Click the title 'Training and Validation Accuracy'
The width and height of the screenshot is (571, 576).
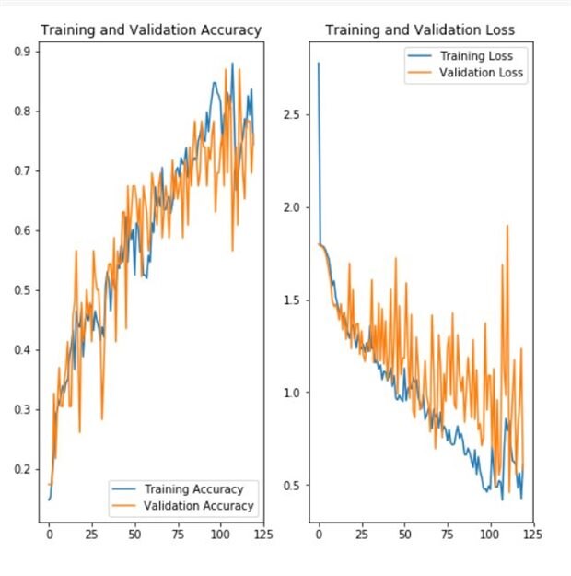(x=151, y=30)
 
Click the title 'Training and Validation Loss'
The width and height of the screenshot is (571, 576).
(x=420, y=30)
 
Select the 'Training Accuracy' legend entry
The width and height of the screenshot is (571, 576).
(x=193, y=489)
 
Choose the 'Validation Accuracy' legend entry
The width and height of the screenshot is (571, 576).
(x=198, y=506)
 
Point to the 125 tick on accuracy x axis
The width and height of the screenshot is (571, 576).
(x=262, y=533)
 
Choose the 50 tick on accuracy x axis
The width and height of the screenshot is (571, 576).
(x=134, y=533)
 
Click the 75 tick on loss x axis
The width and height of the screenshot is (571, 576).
(x=446, y=533)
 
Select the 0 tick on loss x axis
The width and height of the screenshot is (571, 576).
(x=319, y=533)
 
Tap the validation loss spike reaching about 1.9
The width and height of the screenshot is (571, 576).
(x=507, y=226)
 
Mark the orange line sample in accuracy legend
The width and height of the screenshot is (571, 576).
(x=123, y=506)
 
